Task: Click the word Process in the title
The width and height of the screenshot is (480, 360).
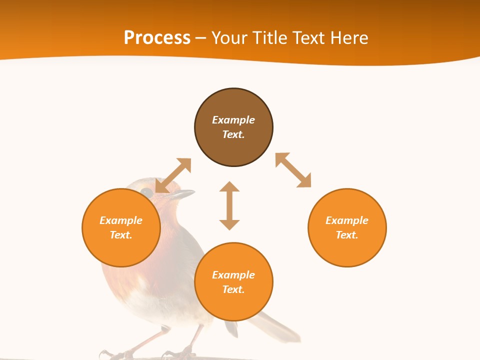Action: coord(157,38)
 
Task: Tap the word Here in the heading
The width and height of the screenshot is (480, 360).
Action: coord(349,38)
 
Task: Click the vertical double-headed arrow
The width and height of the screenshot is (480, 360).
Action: coord(229,205)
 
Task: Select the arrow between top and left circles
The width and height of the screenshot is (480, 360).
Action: coord(173,175)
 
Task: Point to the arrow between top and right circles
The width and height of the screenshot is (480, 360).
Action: coord(293,170)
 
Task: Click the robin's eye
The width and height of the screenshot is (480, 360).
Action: coord(146,192)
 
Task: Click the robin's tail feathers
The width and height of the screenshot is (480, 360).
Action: coord(280,327)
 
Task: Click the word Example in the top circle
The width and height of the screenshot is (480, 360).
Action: coord(233,120)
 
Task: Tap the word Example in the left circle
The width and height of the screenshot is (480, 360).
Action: coord(121,220)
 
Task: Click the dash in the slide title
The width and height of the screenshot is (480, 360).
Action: coord(200,38)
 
